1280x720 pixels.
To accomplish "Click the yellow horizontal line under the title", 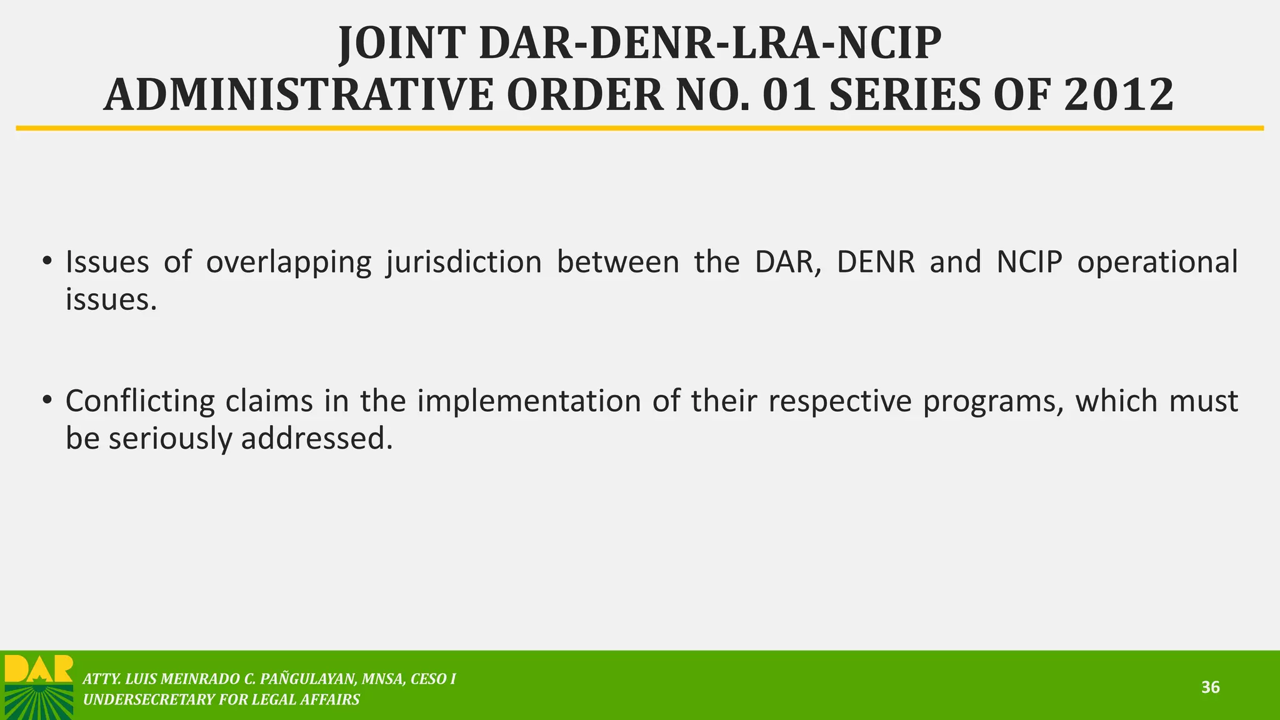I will point(640,128).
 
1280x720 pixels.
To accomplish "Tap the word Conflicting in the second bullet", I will point(139,401).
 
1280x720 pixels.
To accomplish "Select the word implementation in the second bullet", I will point(529,401).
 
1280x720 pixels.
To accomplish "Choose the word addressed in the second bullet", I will point(317,439).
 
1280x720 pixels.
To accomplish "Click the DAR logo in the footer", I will point(39,686).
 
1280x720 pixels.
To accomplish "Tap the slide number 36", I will point(1210,687).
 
